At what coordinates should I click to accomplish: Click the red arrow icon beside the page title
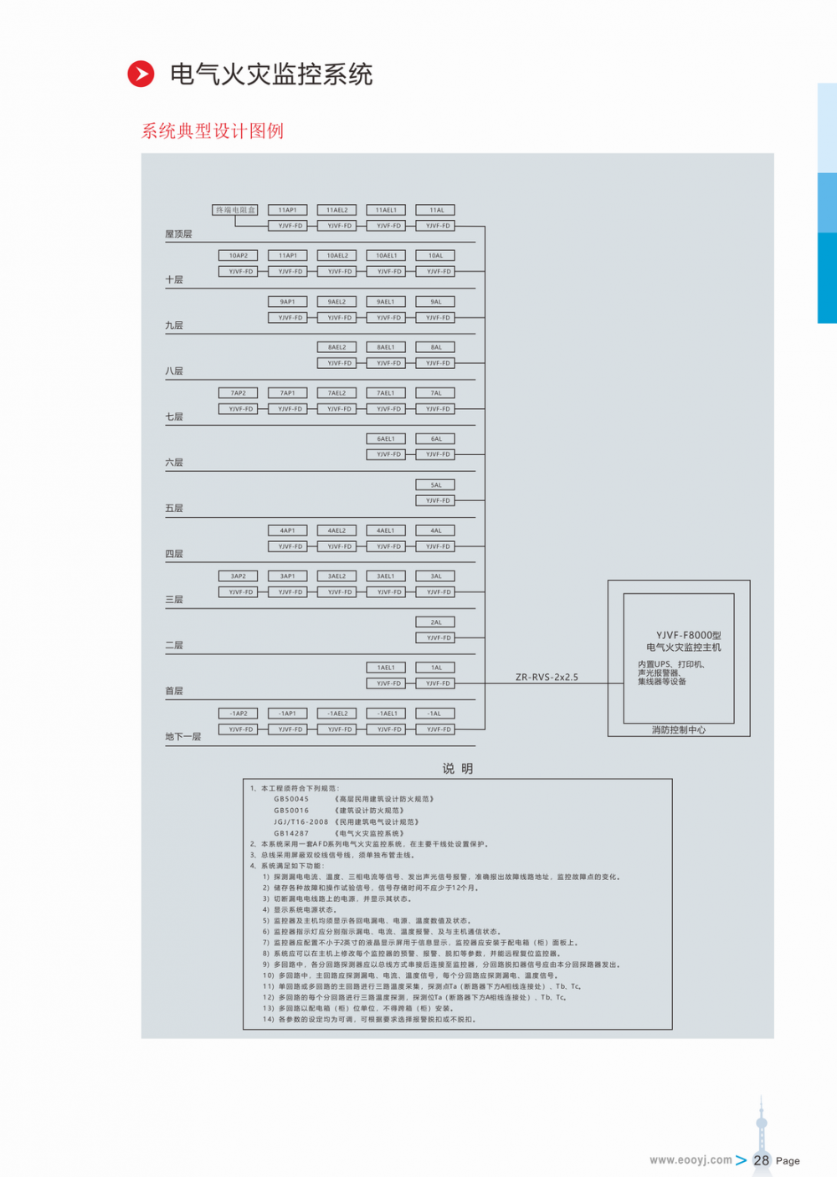click(x=141, y=74)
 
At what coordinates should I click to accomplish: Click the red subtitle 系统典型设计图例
click(x=213, y=130)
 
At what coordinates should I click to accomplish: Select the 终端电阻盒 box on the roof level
click(x=235, y=210)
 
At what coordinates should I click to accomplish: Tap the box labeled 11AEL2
click(x=337, y=210)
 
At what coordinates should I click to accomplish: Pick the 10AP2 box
click(x=239, y=256)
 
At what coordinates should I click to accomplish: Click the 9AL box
click(x=436, y=301)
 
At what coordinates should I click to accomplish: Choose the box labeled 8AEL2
click(x=337, y=347)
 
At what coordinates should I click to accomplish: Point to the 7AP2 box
click(x=239, y=393)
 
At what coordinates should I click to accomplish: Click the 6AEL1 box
click(x=386, y=438)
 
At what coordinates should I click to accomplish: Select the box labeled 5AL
click(x=436, y=484)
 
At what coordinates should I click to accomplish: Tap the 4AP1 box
click(x=288, y=530)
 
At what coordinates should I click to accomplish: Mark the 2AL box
click(x=436, y=622)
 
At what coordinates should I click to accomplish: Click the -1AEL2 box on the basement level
click(x=337, y=714)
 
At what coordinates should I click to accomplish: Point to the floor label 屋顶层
click(x=178, y=234)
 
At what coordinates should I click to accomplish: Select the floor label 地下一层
click(x=183, y=737)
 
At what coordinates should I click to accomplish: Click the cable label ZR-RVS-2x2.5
click(x=547, y=677)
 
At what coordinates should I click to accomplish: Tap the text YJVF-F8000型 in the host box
click(x=688, y=635)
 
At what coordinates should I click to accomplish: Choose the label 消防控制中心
click(x=679, y=730)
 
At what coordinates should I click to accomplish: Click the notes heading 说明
click(x=458, y=769)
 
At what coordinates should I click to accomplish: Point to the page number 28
click(x=761, y=1160)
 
